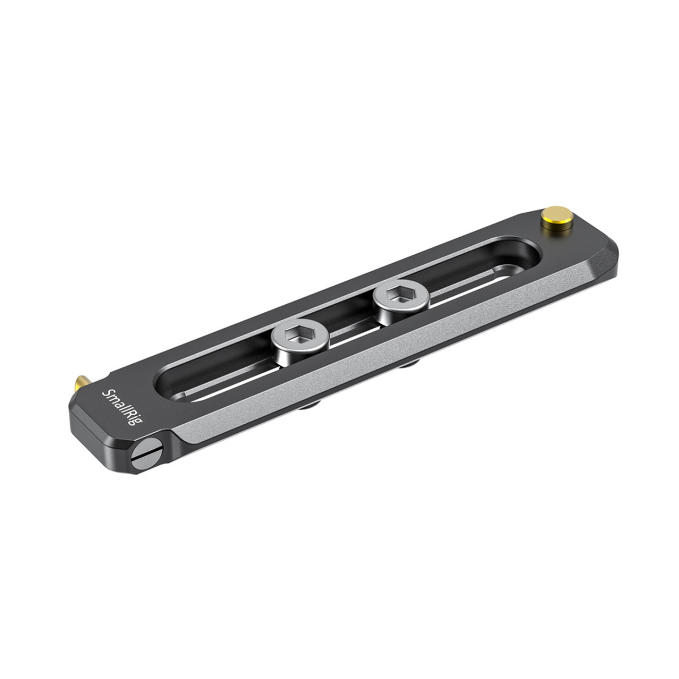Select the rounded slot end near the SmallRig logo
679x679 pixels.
[170, 385]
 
